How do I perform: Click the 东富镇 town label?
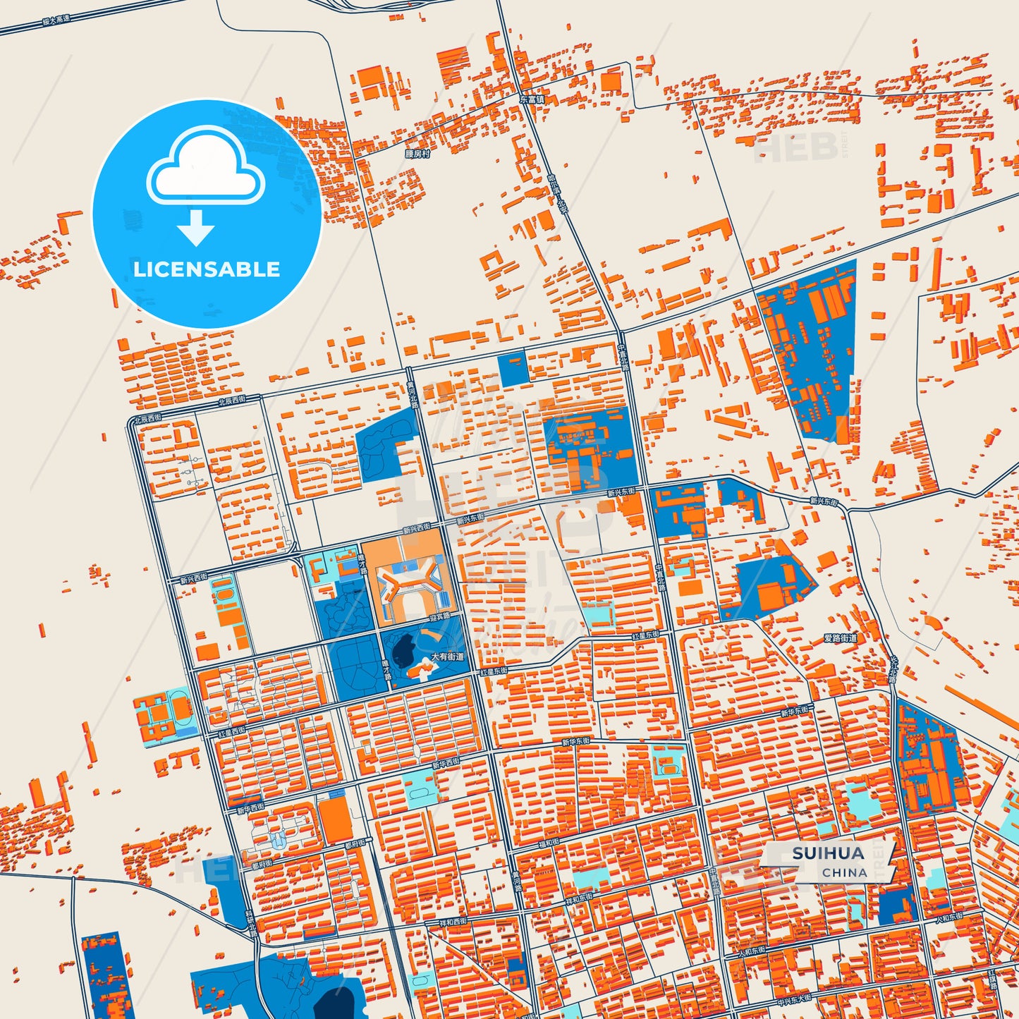click(x=532, y=100)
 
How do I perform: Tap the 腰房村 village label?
click(x=417, y=154)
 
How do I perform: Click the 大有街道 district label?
click(x=448, y=657)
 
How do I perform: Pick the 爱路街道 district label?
click(x=841, y=638)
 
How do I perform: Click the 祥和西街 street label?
click(x=453, y=921)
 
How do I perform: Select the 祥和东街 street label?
click(x=579, y=899)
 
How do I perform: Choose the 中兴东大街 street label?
click(x=793, y=999)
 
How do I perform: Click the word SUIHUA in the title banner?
click(x=828, y=853)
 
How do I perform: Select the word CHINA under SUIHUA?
click(x=844, y=872)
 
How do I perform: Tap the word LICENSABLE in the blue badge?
click(x=207, y=269)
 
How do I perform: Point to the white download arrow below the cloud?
click(x=196, y=228)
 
